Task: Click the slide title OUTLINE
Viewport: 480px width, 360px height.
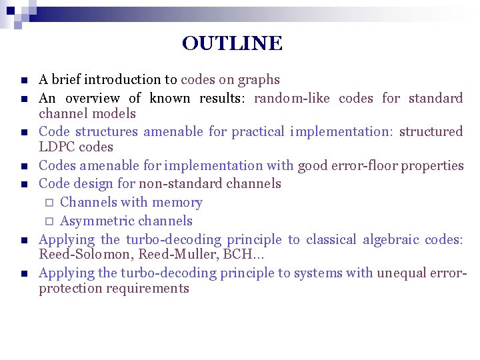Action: [x=232, y=44]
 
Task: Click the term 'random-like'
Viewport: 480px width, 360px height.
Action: [x=293, y=99]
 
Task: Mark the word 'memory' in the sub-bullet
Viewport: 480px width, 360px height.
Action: [x=177, y=203]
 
